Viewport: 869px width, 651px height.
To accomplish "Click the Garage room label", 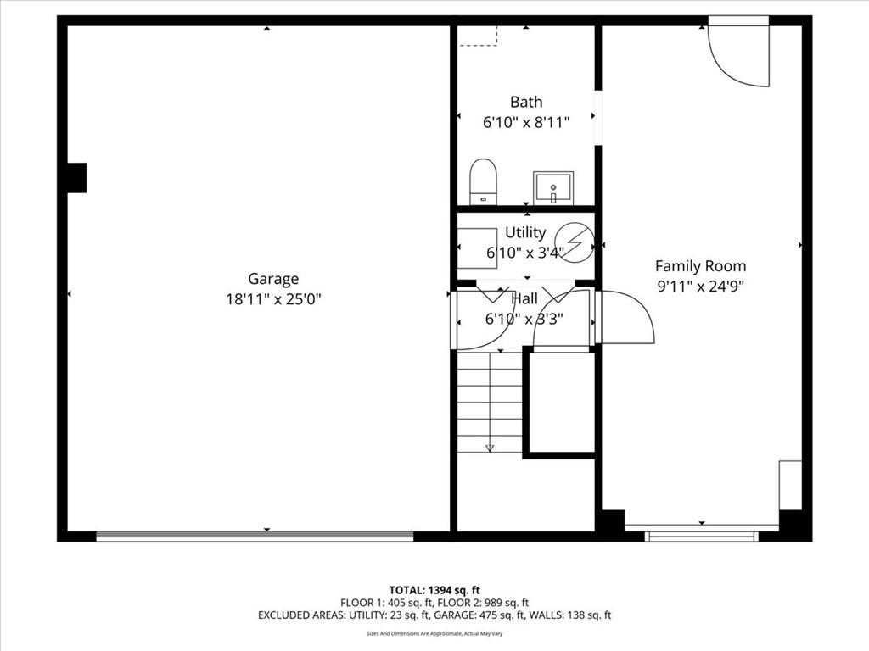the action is [x=273, y=278].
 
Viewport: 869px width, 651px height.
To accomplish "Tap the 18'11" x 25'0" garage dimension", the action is [x=273, y=299].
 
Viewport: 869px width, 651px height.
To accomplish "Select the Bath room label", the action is [x=526, y=102].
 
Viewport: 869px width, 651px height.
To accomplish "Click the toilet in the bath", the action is [x=483, y=181].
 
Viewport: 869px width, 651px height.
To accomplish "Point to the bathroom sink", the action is [x=553, y=188].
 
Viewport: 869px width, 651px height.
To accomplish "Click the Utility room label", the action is [x=525, y=232].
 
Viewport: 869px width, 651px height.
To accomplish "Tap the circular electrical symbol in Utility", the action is [x=575, y=242].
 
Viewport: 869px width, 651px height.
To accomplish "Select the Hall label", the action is [x=524, y=299].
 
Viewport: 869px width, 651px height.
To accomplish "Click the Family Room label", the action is [x=700, y=266].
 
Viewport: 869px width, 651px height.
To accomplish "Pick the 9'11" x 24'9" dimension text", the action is [x=700, y=287].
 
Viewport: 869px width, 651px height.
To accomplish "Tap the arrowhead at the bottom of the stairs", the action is [x=490, y=448].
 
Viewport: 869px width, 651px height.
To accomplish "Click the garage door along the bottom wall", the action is [x=255, y=536].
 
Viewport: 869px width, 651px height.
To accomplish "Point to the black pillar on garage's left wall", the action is [x=77, y=178].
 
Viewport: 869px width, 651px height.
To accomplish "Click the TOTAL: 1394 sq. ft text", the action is [x=434, y=590].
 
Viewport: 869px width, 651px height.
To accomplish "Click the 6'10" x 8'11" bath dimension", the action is [x=526, y=122].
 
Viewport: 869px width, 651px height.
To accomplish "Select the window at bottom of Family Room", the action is [x=702, y=536].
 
